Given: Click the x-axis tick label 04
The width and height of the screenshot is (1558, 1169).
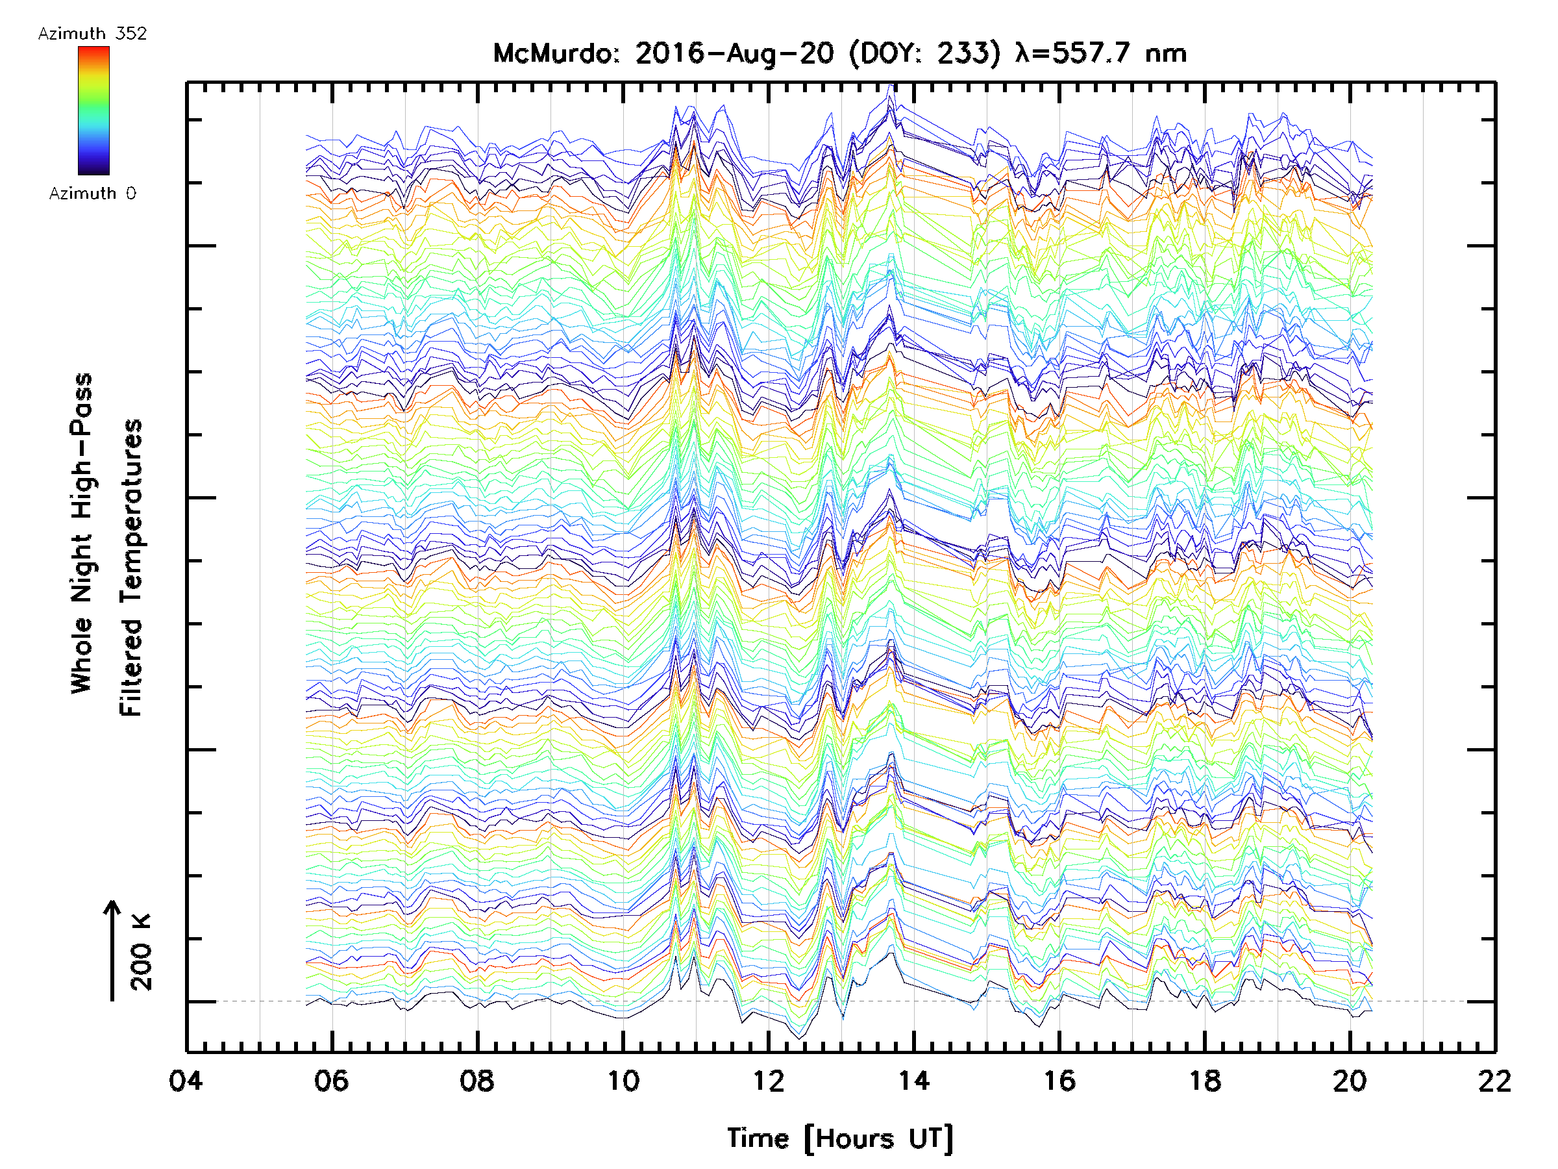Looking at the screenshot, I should (x=186, y=1080).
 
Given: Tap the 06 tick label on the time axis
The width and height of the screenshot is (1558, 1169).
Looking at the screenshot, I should (x=332, y=1080).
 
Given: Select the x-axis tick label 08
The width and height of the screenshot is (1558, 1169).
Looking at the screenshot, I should (x=477, y=1080).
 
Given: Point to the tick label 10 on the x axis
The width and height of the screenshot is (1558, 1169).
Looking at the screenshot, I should (x=623, y=1080).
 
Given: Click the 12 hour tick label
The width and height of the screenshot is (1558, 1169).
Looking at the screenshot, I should (x=768, y=1080).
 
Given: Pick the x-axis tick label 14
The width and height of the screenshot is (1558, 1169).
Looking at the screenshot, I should (x=913, y=1080).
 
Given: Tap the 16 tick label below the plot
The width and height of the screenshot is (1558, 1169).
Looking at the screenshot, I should (x=1059, y=1080).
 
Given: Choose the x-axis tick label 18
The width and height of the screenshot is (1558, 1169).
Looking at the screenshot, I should (x=1204, y=1080).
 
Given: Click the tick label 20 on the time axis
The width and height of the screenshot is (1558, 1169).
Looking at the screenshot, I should (x=1350, y=1080).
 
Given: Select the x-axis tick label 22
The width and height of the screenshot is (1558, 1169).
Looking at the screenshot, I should (x=1494, y=1080).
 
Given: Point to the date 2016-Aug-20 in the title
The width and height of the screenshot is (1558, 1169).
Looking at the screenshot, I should (x=735, y=53).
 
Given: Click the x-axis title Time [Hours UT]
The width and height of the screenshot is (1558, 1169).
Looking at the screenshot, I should (x=840, y=1138).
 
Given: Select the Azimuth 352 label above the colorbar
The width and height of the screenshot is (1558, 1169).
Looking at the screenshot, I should (x=92, y=33).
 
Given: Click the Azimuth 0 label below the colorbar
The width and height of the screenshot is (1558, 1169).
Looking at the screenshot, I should (x=92, y=193).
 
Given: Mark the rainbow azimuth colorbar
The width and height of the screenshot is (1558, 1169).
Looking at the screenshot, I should (x=93, y=110).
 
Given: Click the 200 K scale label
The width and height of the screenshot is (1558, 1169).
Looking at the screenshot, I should (x=142, y=952).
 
